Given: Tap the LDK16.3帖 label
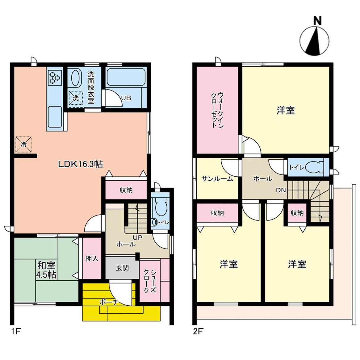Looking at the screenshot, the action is (x=80, y=164).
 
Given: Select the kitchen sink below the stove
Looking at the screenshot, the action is (x=55, y=117).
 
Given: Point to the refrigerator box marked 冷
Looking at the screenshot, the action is (x=23, y=144).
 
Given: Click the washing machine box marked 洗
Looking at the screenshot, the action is (x=76, y=98).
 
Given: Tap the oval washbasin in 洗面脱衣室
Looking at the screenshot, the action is (x=76, y=78).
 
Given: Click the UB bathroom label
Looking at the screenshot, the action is (x=126, y=98).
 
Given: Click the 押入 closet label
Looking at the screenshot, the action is (x=92, y=258).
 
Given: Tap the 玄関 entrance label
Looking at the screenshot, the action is (x=122, y=268).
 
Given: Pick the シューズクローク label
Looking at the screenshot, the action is (x=150, y=282).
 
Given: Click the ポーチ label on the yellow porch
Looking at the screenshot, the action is (x=109, y=302).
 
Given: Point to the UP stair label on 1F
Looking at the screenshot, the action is (x=138, y=238).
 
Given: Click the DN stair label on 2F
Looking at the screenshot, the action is (x=281, y=190).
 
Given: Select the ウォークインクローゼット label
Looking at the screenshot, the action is (x=217, y=110).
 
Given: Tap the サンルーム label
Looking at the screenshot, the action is (x=217, y=179).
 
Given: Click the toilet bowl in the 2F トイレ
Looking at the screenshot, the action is (x=315, y=167).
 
